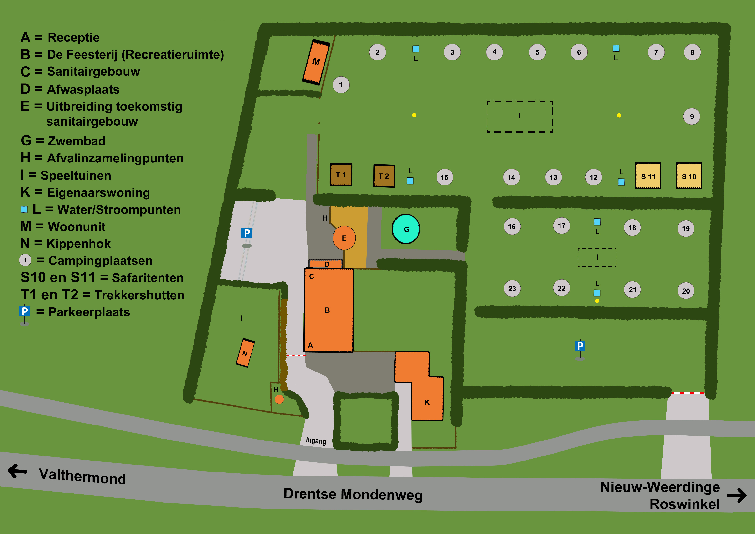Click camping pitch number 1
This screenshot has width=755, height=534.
[341, 85]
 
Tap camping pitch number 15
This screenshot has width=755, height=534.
[445, 177]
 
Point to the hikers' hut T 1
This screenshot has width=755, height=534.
[341, 175]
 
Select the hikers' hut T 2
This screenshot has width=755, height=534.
[384, 176]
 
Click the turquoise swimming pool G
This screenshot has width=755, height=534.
[406, 229]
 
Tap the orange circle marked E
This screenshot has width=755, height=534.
[344, 238]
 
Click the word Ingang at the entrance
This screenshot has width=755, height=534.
[316, 441]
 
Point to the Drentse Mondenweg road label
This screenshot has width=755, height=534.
[353, 494]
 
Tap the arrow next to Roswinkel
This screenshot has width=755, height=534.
[737, 496]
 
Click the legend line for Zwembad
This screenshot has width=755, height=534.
[63, 141]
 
